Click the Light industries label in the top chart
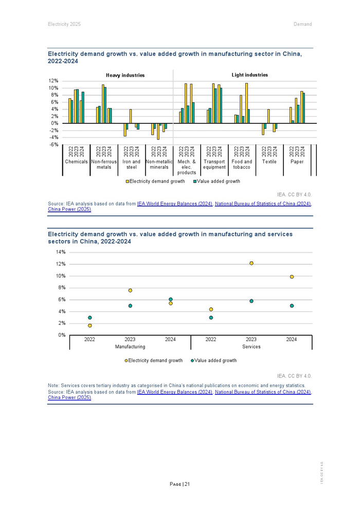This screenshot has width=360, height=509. coord(249,75)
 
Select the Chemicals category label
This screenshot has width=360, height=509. coord(76,162)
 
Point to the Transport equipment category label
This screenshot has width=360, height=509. coord(214,165)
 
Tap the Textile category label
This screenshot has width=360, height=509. coord(269,162)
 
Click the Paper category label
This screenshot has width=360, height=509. coord(297,162)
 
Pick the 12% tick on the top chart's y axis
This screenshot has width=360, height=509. coord(53,81)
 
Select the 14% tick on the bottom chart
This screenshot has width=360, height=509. coord(61,252)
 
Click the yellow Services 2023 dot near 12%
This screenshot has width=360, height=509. coord(251,263)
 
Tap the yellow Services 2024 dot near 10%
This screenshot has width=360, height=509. coord(292,277)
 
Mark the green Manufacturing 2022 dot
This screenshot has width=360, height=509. coord(90,318)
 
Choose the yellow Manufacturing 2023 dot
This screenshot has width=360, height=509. coord(130,290)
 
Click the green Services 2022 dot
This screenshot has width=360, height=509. coord(211,318)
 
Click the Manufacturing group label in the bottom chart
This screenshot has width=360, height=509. coord(130,347)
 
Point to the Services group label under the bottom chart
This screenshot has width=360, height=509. coord(251,347)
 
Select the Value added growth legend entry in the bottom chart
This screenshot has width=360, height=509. coord(215,361)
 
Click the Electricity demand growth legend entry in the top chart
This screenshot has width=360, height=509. coord(156,181)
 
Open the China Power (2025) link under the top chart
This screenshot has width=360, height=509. coord(69,210)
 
